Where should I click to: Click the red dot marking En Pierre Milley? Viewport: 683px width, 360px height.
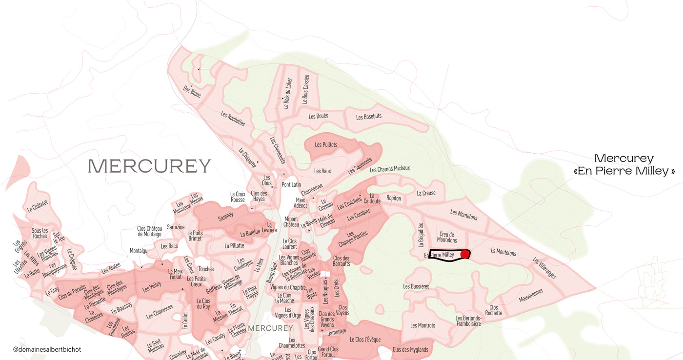pyautogui.click(x=464, y=254)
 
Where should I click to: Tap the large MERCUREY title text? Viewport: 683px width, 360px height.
pyautogui.click(x=149, y=166)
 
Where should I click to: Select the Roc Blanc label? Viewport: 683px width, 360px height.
pyautogui.click(x=192, y=91)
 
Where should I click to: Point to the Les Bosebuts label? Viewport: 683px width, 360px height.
pyautogui.click(x=368, y=117)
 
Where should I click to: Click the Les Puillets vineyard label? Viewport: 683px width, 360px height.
pyautogui.click(x=326, y=144)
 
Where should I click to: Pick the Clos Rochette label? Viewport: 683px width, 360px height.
pyautogui.click(x=494, y=310)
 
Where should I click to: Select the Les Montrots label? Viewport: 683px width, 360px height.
pyautogui.click(x=422, y=325)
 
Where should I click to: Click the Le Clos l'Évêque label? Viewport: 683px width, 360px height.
pyautogui.click(x=365, y=340)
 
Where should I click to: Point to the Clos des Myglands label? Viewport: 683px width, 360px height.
pyautogui.click(x=410, y=350)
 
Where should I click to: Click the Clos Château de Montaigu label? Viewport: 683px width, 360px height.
pyautogui.click(x=149, y=231)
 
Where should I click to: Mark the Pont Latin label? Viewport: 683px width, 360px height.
pyautogui.click(x=291, y=184)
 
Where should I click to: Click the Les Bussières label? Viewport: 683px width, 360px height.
pyautogui.click(x=416, y=286)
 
